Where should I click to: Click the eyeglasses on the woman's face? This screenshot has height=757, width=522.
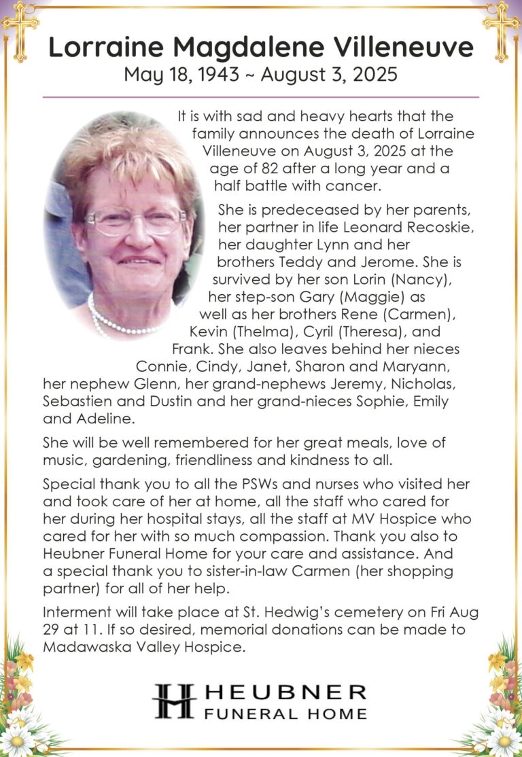coord(136,221)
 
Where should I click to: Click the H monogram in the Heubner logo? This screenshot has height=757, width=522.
coord(174,701)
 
